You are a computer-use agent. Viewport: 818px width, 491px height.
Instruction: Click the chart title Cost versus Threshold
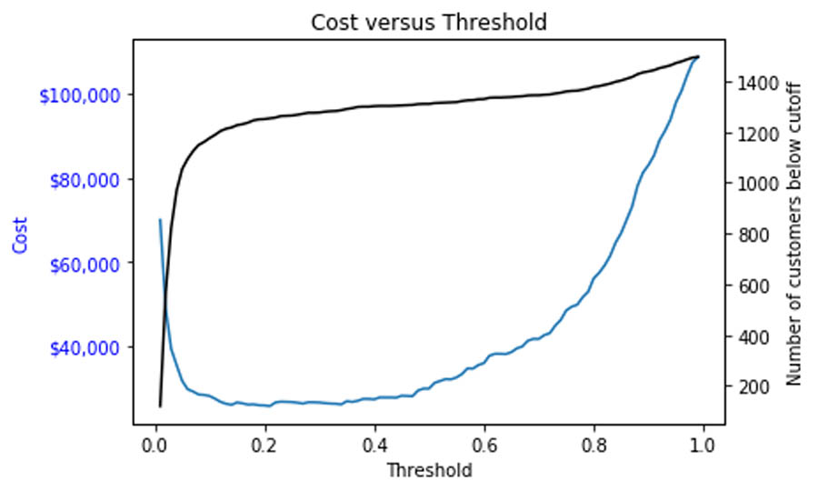point(429,22)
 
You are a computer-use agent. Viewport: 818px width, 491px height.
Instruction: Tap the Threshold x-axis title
point(429,470)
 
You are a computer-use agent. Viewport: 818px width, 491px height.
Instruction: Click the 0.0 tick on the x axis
point(155,446)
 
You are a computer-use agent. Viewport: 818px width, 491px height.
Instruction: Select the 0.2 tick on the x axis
point(265,446)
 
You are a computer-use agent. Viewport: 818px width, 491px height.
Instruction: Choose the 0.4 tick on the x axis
point(374,446)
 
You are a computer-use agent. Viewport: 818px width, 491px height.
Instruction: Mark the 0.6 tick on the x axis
point(484,446)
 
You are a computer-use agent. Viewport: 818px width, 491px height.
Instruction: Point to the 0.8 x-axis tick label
point(594,446)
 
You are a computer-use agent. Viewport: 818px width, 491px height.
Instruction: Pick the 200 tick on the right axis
point(753,387)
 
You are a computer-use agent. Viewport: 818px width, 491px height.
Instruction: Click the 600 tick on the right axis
point(753,286)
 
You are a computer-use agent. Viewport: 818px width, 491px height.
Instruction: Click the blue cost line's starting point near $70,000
point(160,219)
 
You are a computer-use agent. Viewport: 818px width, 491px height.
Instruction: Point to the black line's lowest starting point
point(160,406)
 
